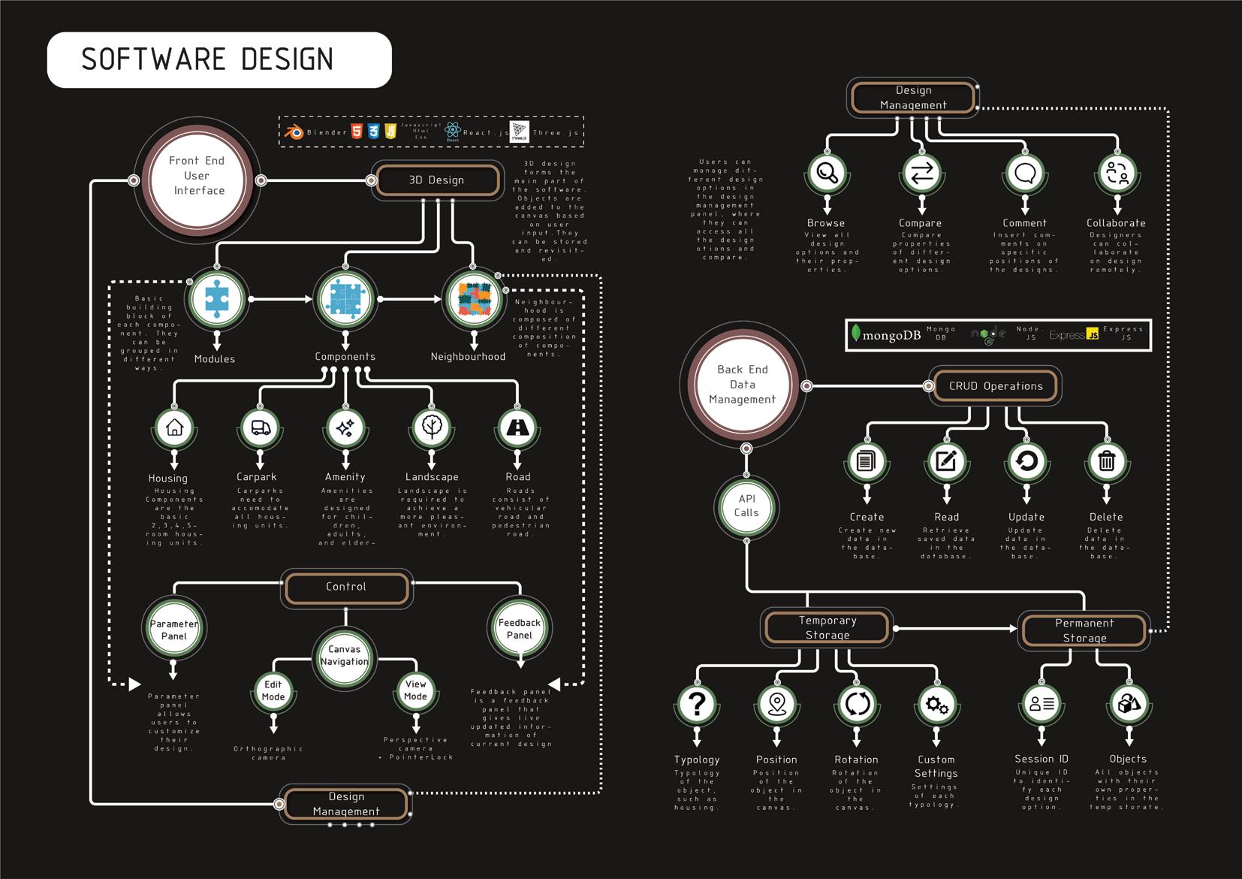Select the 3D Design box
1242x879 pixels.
point(437,180)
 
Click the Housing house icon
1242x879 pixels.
point(174,427)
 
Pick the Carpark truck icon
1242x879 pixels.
point(260,427)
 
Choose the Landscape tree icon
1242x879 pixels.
point(431,427)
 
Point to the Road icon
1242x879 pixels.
point(517,427)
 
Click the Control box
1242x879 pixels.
point(346,587)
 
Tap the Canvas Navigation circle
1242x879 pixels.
point(345,656)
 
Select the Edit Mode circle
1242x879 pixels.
point(273,690)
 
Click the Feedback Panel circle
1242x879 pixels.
point(520,629)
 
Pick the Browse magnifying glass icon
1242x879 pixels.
point(827,173)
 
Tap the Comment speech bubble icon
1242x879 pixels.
point(1025,174)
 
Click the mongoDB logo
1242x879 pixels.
point(886,335)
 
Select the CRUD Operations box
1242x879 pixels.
point(996,386)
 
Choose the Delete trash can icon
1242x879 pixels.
point(1106,461)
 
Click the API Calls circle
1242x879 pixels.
point(746,506)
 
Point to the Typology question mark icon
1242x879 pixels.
point(697,704)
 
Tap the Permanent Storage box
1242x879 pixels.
point(1084,630)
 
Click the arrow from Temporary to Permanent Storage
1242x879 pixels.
point(954,628)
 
